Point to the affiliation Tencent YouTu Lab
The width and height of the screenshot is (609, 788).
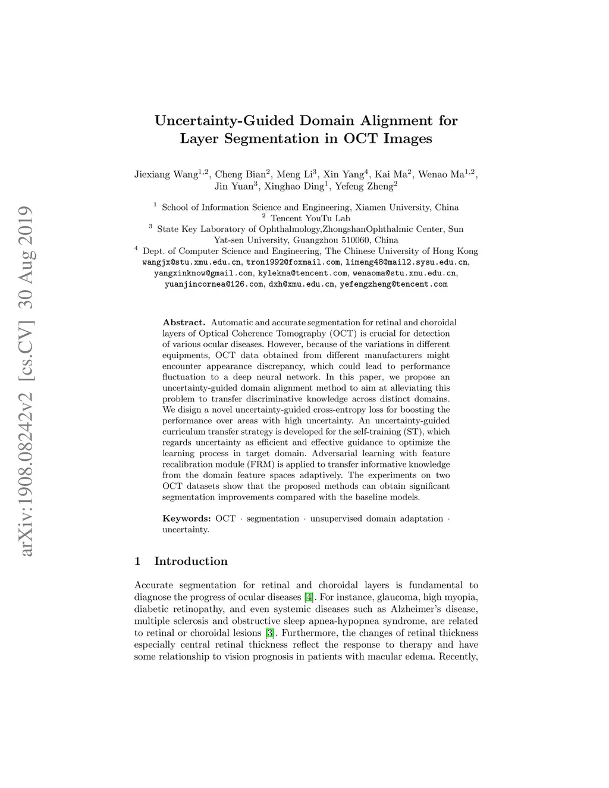tap(310, 218)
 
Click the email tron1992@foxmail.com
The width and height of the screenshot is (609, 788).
tap(293, 262)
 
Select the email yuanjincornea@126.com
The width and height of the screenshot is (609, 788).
tap(214, 284)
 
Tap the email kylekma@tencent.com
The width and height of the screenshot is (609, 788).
tap(302, 274)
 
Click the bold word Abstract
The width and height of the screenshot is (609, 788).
tap(184, 322)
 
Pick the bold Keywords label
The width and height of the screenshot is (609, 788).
tap(186, 519)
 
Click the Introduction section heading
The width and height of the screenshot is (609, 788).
tap(190, 561)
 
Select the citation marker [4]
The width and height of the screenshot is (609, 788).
tap(309, 597)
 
